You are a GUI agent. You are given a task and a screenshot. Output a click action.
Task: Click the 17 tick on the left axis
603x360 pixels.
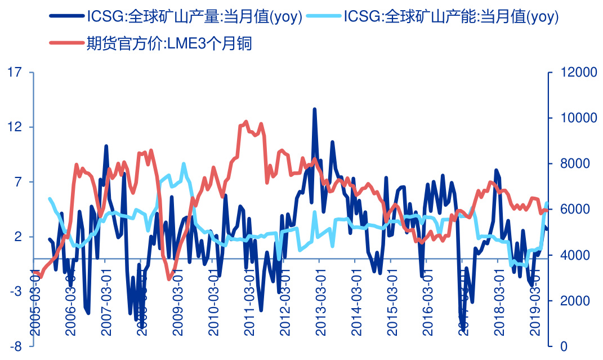(15, 72)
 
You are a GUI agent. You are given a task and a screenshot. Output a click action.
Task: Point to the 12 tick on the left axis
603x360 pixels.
(15, 127)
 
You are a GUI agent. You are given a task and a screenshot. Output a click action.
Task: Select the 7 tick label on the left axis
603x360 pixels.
(17, 182)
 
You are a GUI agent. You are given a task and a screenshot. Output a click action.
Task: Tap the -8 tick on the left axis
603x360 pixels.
(15, 346)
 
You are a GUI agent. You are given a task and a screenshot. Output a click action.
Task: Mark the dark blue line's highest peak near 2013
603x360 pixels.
(315, 109)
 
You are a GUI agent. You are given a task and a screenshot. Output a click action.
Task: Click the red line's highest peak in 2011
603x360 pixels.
(246, 121)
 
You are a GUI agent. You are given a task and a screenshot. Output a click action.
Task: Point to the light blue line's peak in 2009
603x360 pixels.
(184, 164)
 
